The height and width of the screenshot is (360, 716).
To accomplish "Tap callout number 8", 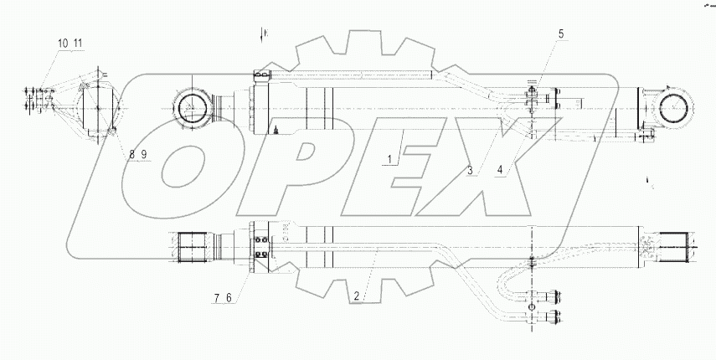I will click(133, 153).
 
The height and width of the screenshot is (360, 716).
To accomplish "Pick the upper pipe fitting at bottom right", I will click(553, 294).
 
